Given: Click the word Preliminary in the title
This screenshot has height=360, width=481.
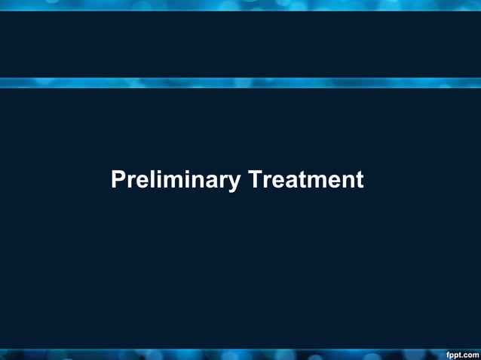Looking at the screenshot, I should click(x=176, y=181).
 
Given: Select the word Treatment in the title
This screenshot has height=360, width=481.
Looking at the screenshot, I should click(x=305, y=180).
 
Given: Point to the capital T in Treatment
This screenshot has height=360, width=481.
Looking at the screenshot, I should click(x=255, y=180).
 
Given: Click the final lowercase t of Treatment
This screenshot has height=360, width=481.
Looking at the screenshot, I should click(x=359, y=181).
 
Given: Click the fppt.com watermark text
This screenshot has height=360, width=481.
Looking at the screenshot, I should click(x=462, y=353).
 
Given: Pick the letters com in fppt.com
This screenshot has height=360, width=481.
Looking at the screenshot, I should click(x=470, y=353).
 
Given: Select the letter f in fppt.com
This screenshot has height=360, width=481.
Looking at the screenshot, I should click(x=448, y=352).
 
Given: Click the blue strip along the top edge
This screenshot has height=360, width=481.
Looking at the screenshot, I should click(x=240, y=5).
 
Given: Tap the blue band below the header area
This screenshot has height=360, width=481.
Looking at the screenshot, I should click(x=240, y=83).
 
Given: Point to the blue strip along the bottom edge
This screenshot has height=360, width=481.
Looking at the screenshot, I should click(x=226, y=354).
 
